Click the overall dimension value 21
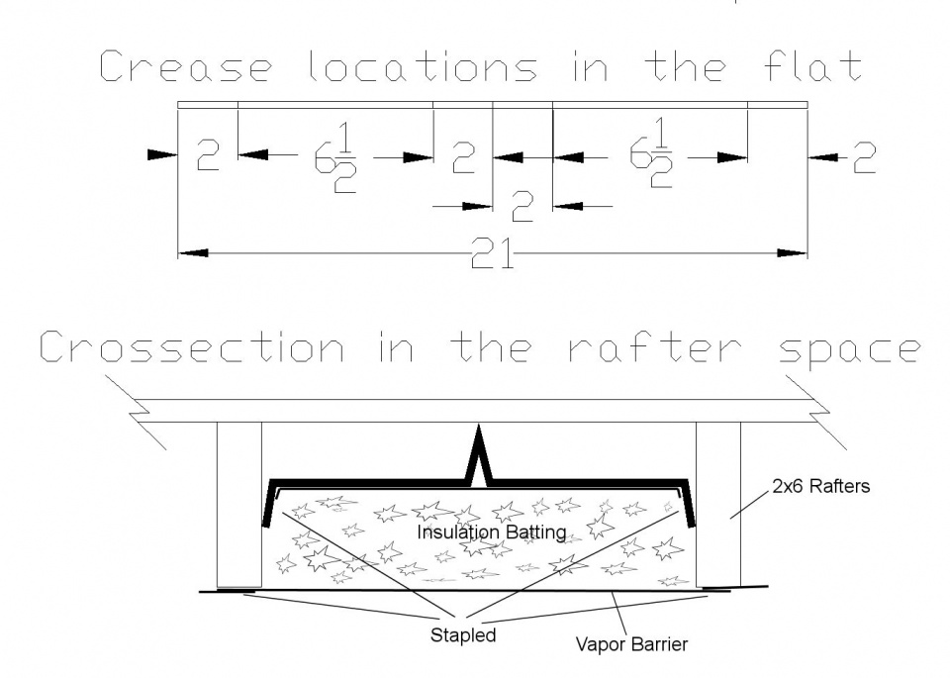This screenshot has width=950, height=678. pos(492,254)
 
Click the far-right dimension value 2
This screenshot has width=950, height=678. pos(864,157)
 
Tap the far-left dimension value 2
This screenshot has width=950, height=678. pos(208,157)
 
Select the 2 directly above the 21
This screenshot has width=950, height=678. pos(522,207)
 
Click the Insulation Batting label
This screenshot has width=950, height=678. pos(491,533)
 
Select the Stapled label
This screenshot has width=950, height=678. pos(463,634)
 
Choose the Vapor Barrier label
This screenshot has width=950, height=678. pos(631,644)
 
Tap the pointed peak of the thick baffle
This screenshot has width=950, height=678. pos(480,431)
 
